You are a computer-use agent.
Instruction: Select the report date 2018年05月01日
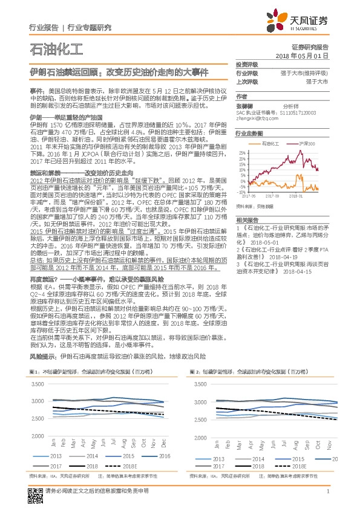click(301, 55)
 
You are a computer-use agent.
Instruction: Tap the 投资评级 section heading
click(247, 64)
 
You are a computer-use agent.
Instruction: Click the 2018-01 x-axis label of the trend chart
click(296, 195)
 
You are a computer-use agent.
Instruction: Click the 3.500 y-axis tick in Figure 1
click(37, 384)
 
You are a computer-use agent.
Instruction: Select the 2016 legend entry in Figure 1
click(160, 456)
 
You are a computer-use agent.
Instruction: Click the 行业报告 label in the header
click(44, 27)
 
